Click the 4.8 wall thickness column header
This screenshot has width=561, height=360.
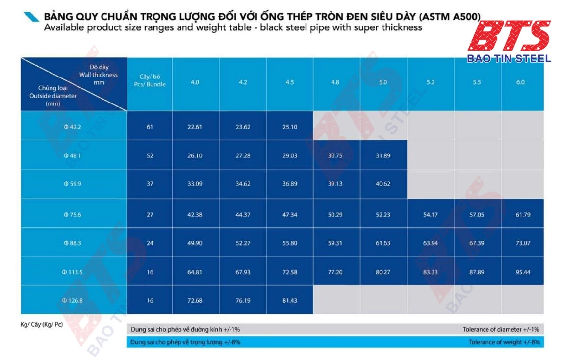(x=335, y=82)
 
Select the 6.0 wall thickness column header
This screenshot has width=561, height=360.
(x=520, y=82)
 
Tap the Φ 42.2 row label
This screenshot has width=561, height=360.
(x=73, y=127)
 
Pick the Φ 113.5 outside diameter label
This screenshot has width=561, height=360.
(x=73, y=272)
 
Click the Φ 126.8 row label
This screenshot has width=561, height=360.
(x=73, y=300)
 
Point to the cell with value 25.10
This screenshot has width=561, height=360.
(x=289, y=127)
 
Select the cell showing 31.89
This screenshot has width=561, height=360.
(x=382, y=156)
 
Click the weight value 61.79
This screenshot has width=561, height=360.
(x=523, y=215)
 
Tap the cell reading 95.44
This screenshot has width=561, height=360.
(x=523, y=272)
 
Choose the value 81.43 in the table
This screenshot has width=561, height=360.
(x=289, y=300)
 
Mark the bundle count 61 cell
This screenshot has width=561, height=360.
(x=150, y=127)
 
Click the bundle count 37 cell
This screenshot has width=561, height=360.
(x=150, y=184)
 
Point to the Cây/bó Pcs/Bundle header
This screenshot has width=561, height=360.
(x=150, y=80)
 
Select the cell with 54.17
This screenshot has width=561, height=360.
(x=430, y=215)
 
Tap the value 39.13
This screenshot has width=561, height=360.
(x=335, y=184)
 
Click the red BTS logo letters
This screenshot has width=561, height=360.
(x=508, y=36)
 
